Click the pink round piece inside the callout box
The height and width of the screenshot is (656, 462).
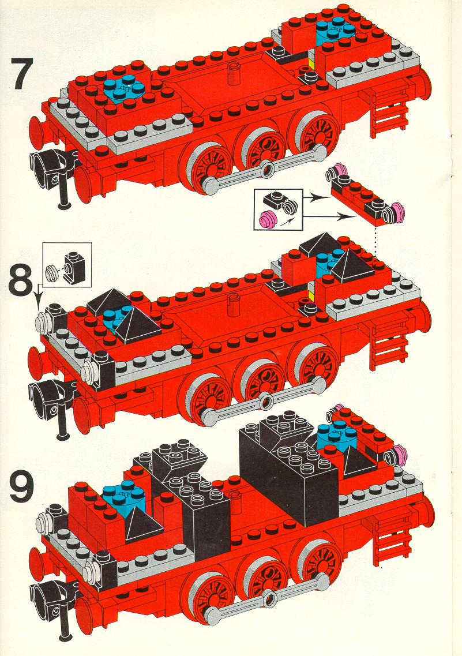click(x=267, y=218)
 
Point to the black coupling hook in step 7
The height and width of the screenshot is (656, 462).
click(x=54, y=172)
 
